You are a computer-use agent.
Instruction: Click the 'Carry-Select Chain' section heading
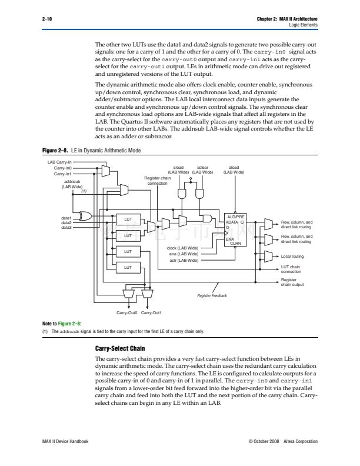tap(120, 348)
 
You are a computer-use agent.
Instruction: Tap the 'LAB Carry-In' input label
tap(59, 161)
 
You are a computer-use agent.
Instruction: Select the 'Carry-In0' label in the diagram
tap(62, 168)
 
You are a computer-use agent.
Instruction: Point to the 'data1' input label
tap(66, 218)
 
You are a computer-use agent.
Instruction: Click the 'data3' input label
tap(66, 227)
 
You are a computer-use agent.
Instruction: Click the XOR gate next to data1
tap(85, 217)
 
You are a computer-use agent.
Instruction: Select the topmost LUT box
tap(128, 219)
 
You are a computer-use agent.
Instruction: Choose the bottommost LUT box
tap(128, 268)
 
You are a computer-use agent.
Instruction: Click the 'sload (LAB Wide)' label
tap(178, 170)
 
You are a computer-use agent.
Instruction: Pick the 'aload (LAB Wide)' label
tap(234, 170)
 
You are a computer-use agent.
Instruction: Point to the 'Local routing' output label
tap(292, 257)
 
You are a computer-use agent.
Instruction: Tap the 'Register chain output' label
tap(292, 282)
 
